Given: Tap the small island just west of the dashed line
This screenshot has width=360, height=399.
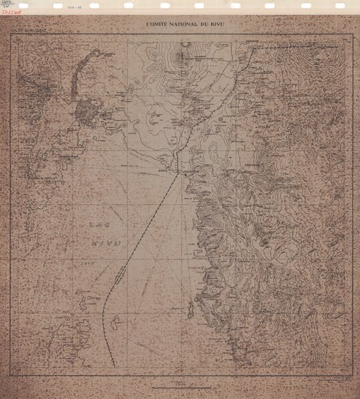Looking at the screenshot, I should pos(114,322).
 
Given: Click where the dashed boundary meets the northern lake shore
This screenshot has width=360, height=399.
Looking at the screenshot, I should pos(177,172).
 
